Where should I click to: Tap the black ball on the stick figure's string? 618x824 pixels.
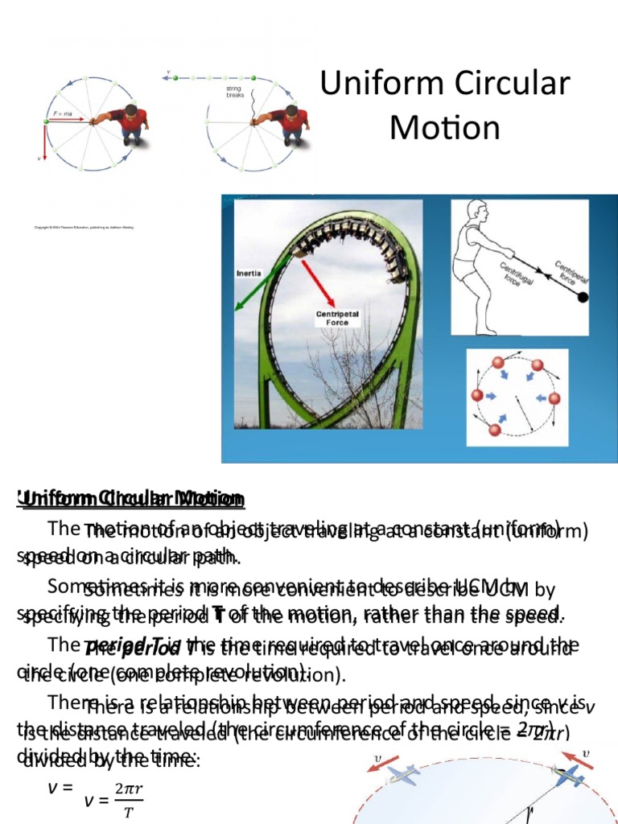583,299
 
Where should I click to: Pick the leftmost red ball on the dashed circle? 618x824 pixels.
477,395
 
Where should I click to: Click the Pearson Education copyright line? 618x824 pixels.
84,228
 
